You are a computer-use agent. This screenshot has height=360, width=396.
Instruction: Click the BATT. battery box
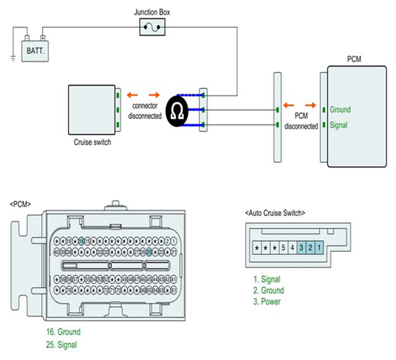click(x=35, y=51)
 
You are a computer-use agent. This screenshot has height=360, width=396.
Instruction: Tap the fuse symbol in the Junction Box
click(x=152, y=28)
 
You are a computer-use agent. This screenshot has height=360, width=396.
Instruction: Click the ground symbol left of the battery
click(x=13, y=58)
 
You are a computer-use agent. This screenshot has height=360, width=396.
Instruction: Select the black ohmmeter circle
click(x=177, y=111)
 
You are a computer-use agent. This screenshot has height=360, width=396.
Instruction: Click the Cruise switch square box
click(x=92, y=110)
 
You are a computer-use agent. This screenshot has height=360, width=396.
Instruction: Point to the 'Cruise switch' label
click(x=92, y=142)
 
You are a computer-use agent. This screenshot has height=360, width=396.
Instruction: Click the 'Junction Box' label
click(x=152, y=12)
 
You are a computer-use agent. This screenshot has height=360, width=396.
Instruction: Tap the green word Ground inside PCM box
click(x=340, y=110)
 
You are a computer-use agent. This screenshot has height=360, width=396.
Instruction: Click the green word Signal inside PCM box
click(x=339, y=125)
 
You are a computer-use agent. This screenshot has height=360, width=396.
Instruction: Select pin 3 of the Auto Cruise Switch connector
click(x=301, y=248)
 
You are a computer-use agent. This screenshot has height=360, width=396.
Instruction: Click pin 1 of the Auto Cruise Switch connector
click(x=319, y=248)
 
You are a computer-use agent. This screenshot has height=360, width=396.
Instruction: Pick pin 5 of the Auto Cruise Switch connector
click(x=283, y=248)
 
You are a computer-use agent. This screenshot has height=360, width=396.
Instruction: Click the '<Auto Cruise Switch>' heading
click(x=275, y=213)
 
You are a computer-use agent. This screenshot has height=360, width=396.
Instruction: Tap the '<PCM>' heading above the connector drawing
click(x=20, y=205)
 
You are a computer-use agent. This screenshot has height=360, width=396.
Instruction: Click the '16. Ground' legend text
click(x=63, y=332)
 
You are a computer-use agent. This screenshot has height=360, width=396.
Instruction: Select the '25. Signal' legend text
click(x=62, y=345)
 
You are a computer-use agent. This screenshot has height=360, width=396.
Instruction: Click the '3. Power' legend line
click(x=267, y=302)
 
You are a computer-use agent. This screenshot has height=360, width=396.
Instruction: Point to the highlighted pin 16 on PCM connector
click(x=81, y=241)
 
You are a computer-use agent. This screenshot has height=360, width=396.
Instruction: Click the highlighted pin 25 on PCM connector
click(x=149, y=252)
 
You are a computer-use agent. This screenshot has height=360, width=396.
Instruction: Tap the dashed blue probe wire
click(x=190, y=95)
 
